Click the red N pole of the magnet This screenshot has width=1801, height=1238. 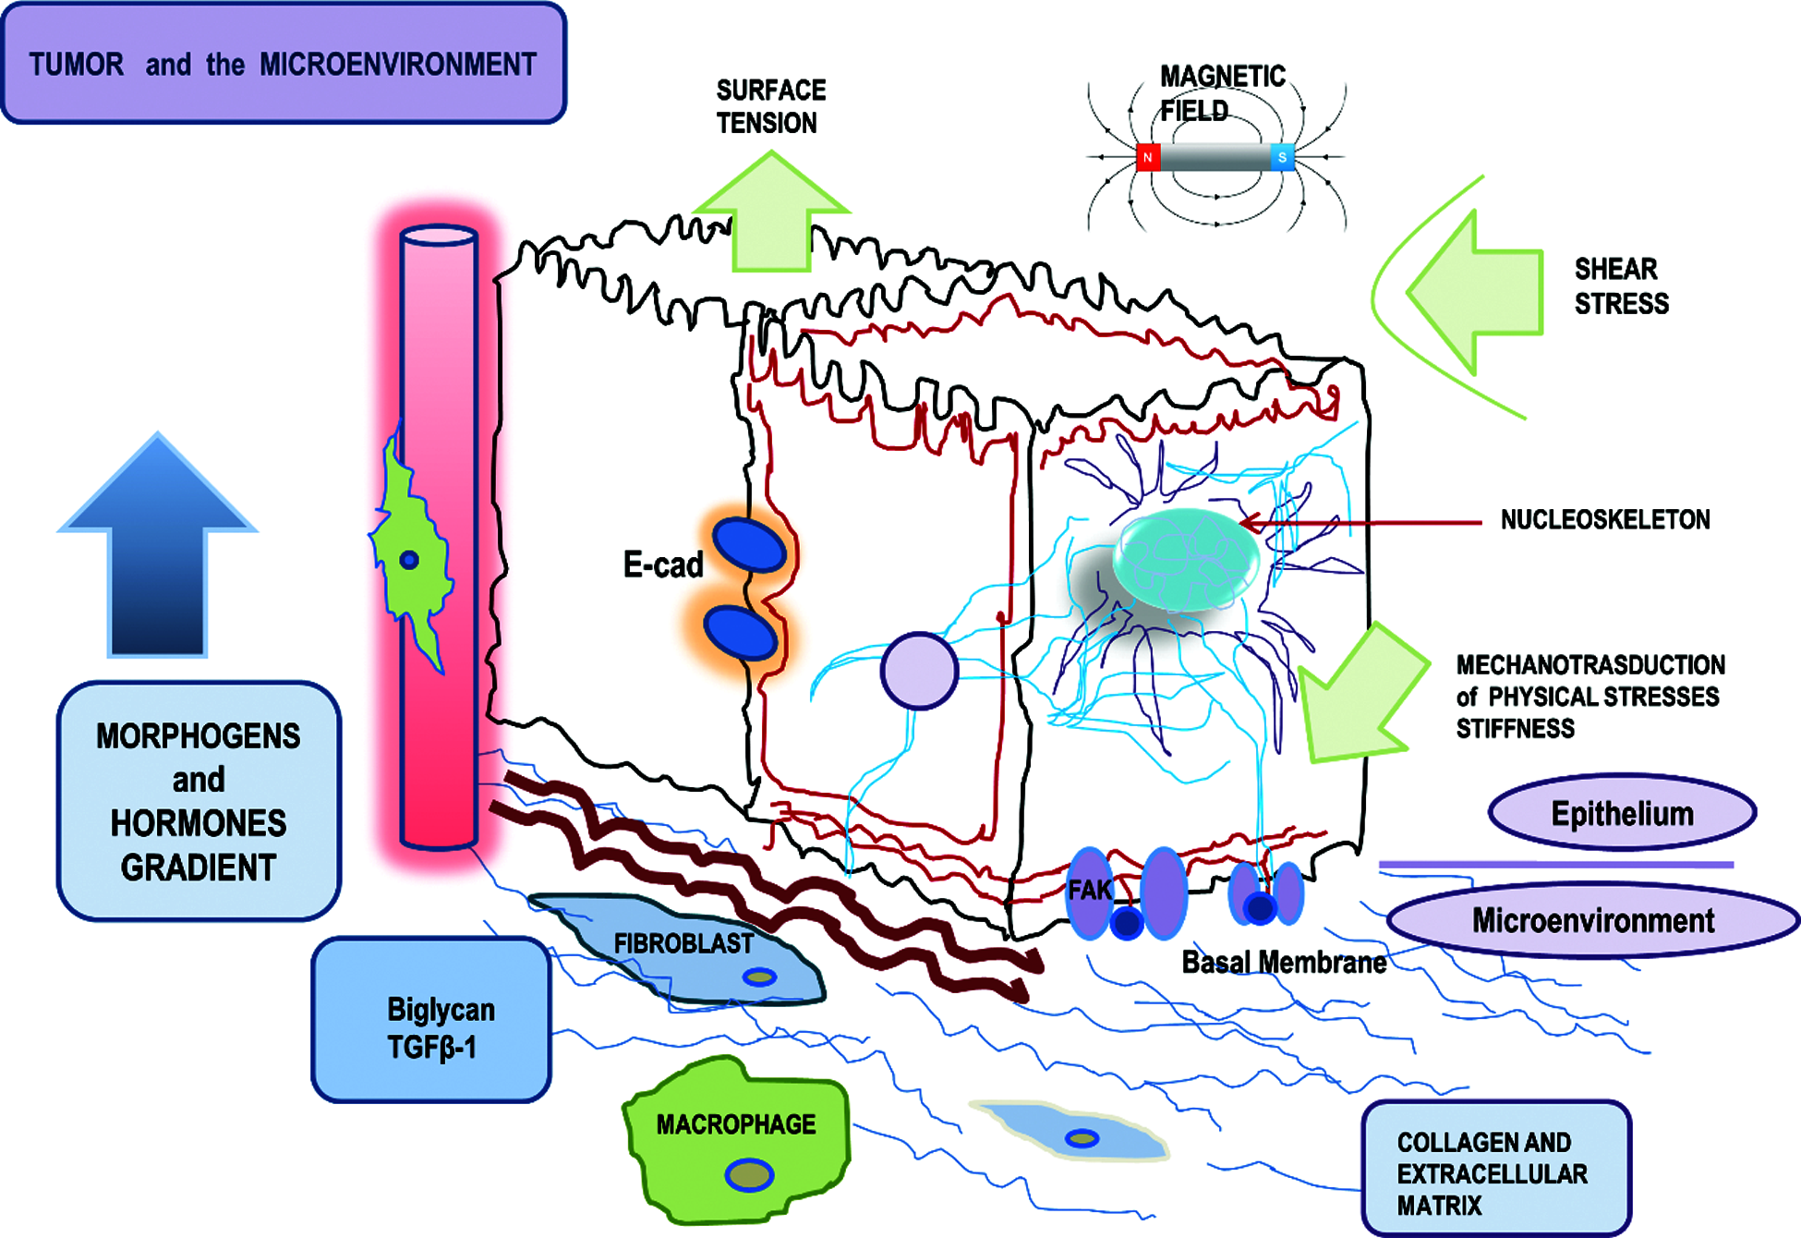pyautogui.click(x=1148, y=157)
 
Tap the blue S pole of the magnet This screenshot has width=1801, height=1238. pyautogui.click(x=1282, y=157)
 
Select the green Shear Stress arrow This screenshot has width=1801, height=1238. pyautogui.click(x=1482, y=292)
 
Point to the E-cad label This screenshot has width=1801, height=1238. pyautogui.click(x=663, y=564)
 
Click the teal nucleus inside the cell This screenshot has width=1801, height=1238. pyautogui.click(x=1186, y=560)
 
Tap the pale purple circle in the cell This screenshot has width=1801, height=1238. pyautogui.click(x=919, y=671)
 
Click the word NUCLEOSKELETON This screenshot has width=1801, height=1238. pyautogui.click(x=1605, y=520)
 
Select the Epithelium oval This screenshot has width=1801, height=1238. pyautogui.click(x=1622, y=813)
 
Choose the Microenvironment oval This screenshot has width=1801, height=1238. pyautogui.click(x=1592, y=921)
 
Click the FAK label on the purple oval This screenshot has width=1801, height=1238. pyautogui.click(x=1090, y=891)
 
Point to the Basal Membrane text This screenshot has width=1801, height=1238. pyautogui.click(x=1284, y=963)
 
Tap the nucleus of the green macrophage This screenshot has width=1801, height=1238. pyautogui.click(x=749, y=1175)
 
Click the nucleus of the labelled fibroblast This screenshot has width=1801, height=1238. pyautogui.click(x=760, y=977)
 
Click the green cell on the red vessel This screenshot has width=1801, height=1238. pyautogui.click(x=411, y=554)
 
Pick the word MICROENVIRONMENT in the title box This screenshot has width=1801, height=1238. pyautogui.click(x=397, y=65)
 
